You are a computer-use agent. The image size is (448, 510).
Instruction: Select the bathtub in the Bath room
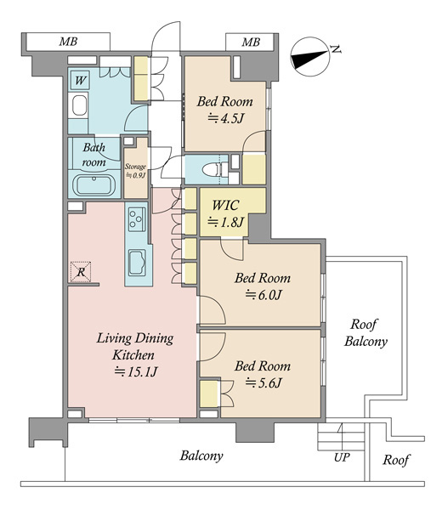(x=94, y=185)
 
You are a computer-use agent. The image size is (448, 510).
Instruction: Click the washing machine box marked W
(x=80, y=80)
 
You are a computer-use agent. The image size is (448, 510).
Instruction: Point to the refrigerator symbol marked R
(x=81, y=272)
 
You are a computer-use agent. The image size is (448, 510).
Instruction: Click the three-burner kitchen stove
(x=138, y=219)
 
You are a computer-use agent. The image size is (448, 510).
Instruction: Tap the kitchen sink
(x=138, y=263)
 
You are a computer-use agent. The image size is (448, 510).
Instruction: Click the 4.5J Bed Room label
(x=224, y=110)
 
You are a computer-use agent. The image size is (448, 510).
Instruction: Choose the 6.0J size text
(x=263, y=295)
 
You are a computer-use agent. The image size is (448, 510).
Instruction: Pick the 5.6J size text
(x=263, y=382)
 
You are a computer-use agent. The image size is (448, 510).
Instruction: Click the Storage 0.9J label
(x=135, y=171)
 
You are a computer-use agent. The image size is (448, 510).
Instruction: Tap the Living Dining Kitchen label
(x=135, y=354)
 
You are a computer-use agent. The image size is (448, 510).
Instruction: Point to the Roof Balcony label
(x=366, y=332)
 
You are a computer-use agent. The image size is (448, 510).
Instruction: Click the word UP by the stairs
(x=342, y=457)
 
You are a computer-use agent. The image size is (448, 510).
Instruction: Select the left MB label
(x=68, y=42)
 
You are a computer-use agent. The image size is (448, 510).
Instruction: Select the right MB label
(x=251, y=42)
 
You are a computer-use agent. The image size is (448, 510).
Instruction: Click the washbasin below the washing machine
(x=79, y=105)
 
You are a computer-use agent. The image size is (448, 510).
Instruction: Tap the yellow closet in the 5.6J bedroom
(x=208, y=394)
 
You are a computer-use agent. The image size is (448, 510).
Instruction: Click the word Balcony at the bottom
(x=201, y=456)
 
